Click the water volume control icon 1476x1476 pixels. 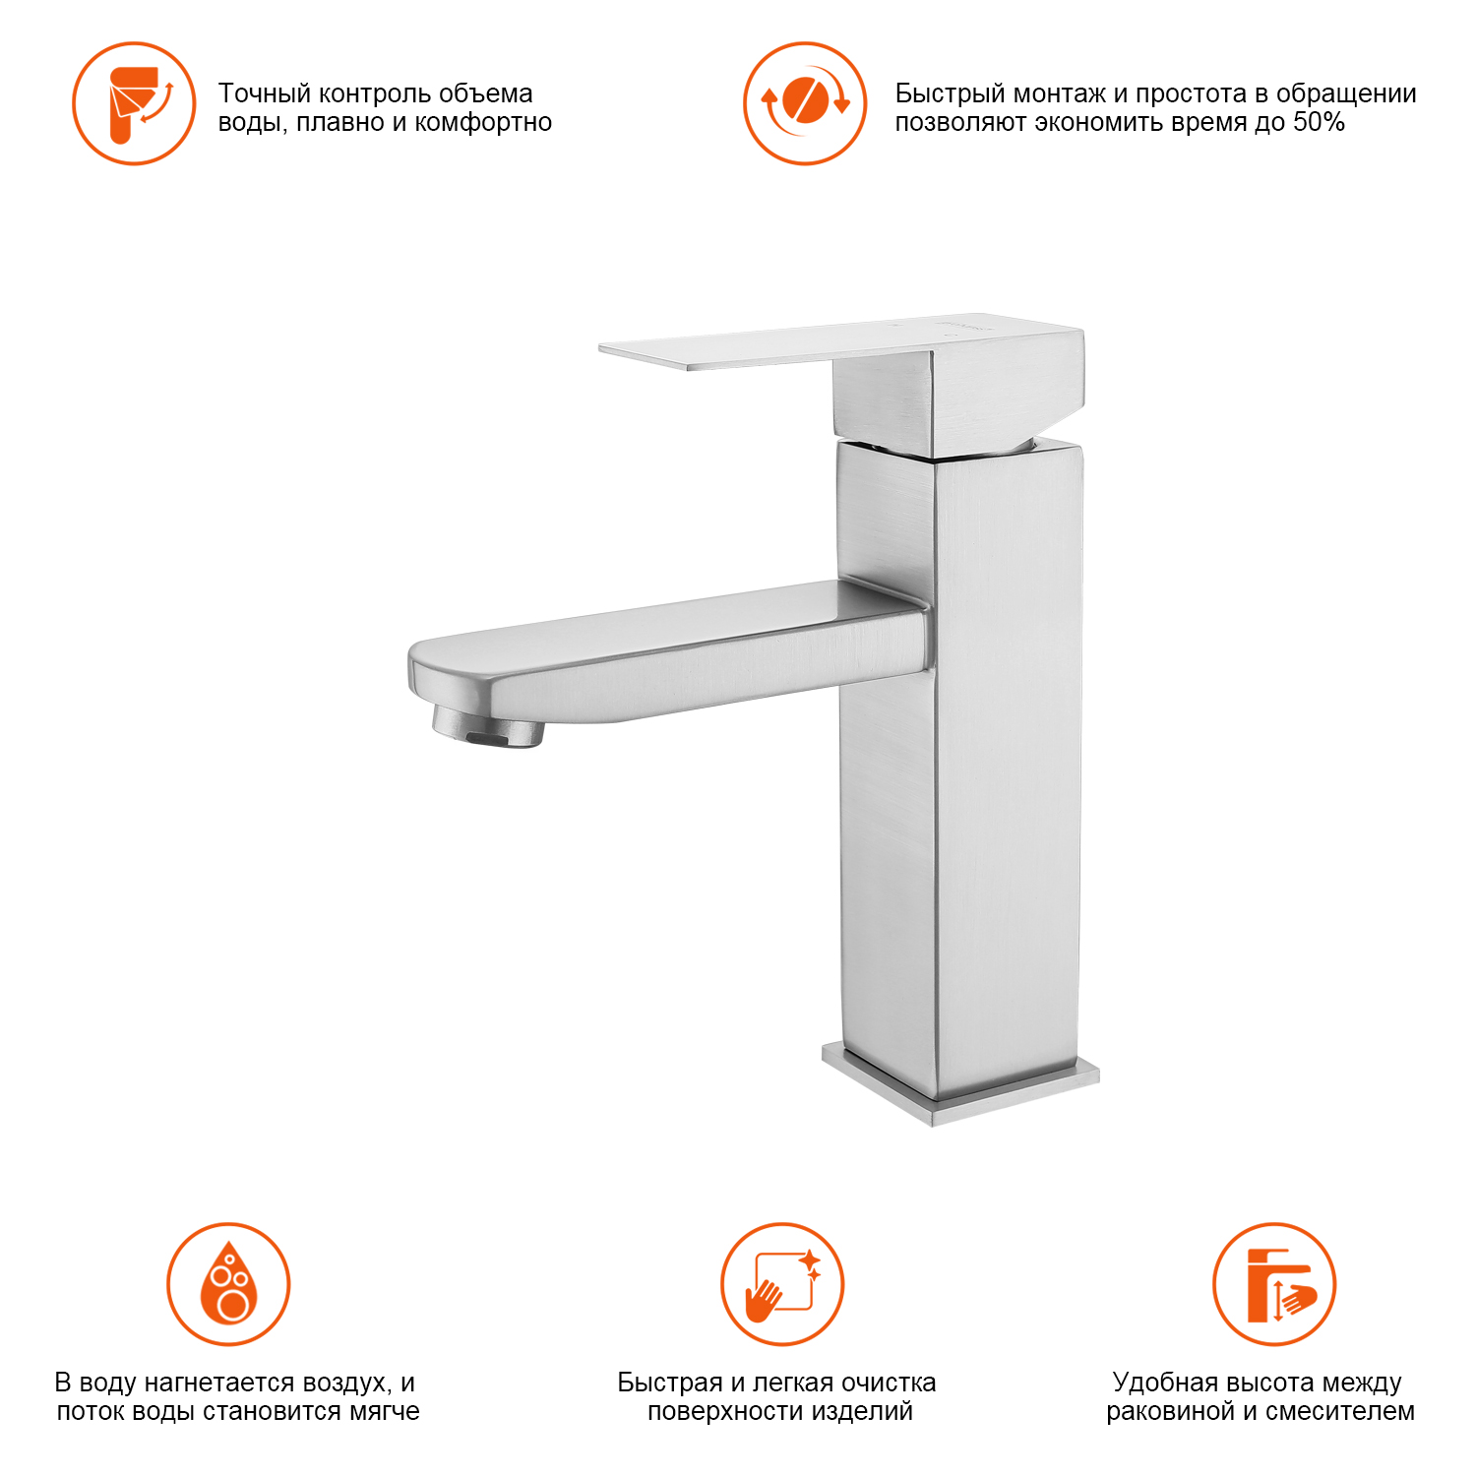pyautogui.click(x=134, y=103)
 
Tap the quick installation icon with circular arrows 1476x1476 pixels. pyautogui.click(x=805, y=103)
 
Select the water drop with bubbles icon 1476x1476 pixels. pyautogui.click(x=228, y=1284)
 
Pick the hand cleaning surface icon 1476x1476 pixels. pyautogui.click(x=782, y=1284)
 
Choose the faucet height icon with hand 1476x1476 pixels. pyautogui.click(x=1274, y=1284)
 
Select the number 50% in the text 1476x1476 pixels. pyautogui.click(x=1319, y=122)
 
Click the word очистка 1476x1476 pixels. pyautogui.click(x=889, y=1383)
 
